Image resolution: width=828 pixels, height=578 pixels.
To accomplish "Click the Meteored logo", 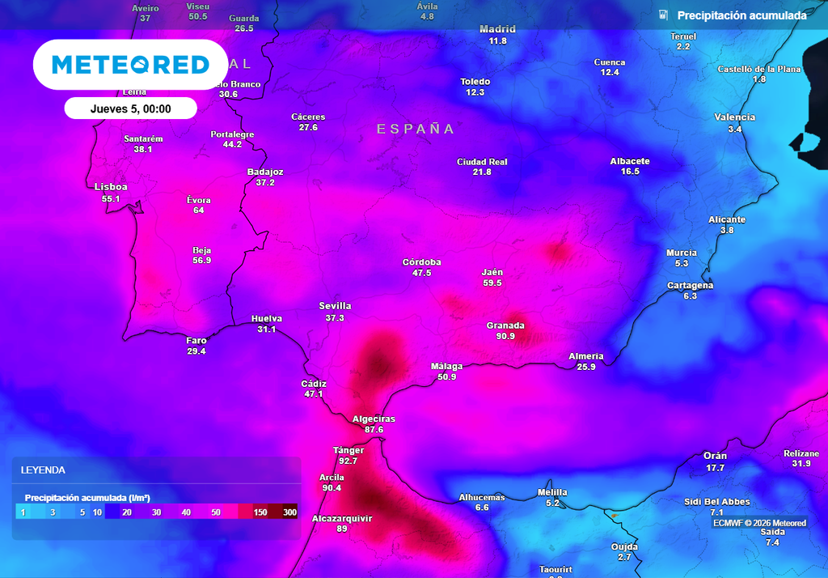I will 130,65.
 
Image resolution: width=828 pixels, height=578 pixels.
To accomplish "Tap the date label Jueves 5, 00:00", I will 130,108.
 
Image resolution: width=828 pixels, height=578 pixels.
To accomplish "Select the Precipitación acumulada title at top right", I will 741,15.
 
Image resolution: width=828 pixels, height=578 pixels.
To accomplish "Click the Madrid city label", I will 497,29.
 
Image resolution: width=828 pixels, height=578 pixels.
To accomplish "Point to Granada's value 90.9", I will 505,336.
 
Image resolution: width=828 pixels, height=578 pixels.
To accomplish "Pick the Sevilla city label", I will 335,306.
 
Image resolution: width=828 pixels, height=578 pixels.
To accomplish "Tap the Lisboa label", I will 111,187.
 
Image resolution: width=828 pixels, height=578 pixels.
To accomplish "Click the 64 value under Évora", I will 199,210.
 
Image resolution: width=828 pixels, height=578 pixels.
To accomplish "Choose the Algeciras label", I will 374,419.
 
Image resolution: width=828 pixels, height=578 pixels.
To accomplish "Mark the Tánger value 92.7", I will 349,461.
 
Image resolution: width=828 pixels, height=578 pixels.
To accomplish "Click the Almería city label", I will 586,356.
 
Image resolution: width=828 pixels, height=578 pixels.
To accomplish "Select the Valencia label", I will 734,117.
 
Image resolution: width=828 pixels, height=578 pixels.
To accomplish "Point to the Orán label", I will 715,456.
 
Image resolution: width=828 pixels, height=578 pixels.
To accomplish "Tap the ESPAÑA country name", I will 416,129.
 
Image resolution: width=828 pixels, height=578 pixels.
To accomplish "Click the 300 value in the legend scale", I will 289,512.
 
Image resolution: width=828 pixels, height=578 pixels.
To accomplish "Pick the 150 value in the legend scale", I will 260,512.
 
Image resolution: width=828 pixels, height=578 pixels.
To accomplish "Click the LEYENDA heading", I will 43,470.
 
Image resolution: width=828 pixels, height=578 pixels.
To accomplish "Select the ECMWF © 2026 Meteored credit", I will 759,523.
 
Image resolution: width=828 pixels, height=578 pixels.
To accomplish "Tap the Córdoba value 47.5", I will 422,273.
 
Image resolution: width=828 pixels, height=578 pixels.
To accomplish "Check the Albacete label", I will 630,161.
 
